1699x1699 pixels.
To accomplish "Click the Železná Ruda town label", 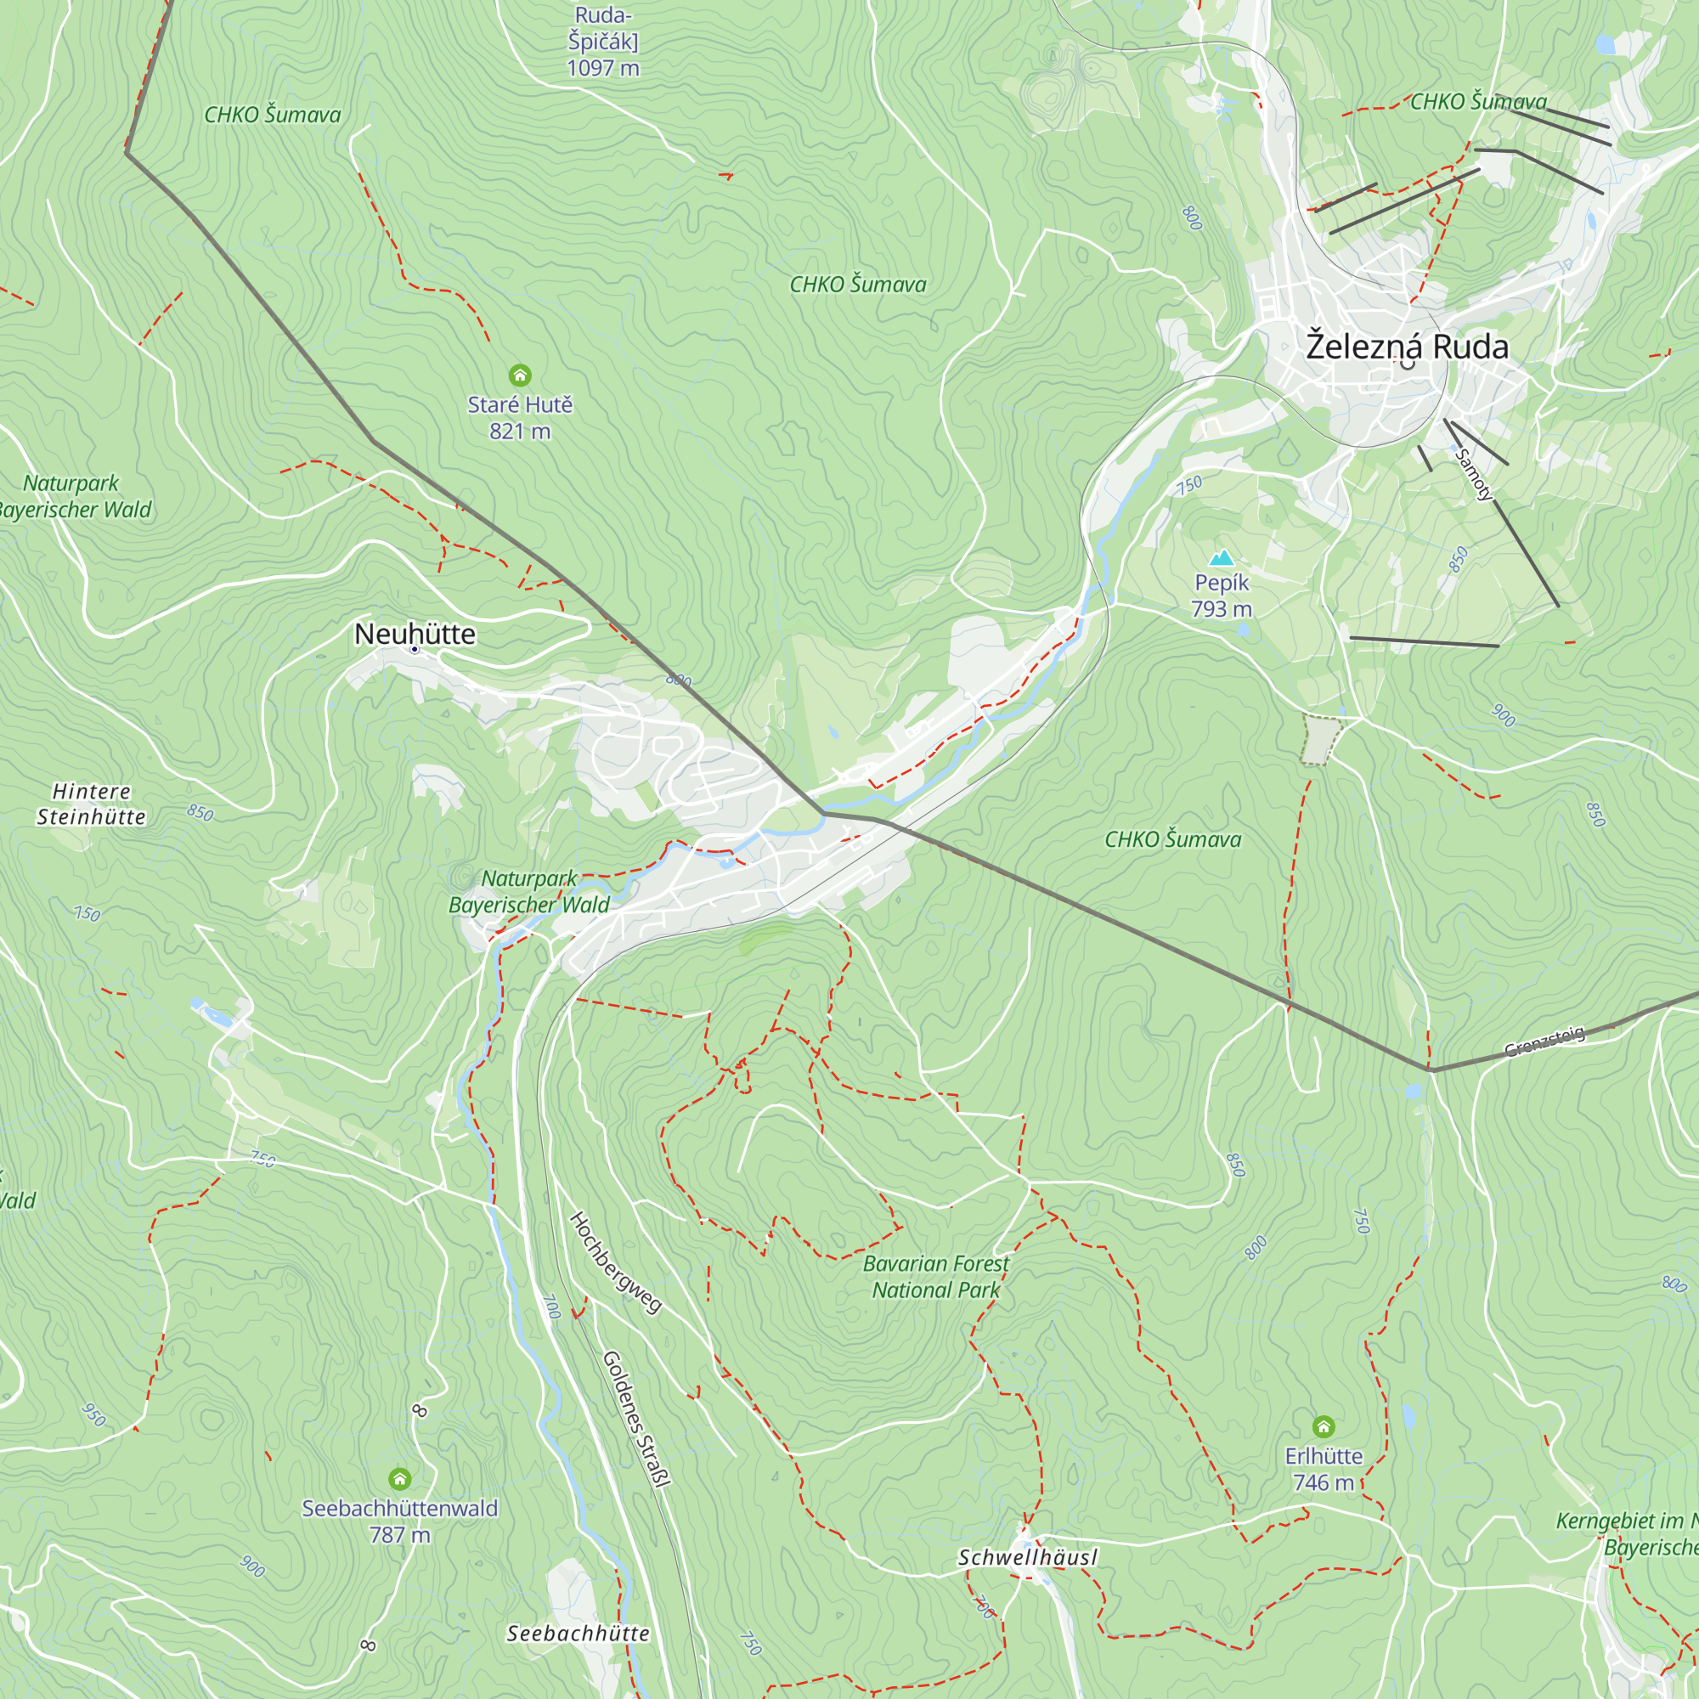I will pyautogui.click(x=1407, y=347).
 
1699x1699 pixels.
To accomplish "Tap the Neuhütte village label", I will pyautogui.click(x=415, y=634).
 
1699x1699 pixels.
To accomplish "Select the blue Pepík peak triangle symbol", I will pyautogui.click(x=1222, y=557).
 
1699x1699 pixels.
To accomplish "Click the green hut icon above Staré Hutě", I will pyautogui.click(x=520, y=375).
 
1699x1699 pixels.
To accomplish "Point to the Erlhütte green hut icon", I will pyautogui.click(x=1324, y=1426).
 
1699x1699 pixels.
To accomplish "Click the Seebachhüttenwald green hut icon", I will pyautogui.click(x=400, y=1478).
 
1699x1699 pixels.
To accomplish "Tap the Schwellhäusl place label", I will pyautogui.click(x=1027, y=1557).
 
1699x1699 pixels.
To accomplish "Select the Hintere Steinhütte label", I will pyautogui.click(x=92, y=804).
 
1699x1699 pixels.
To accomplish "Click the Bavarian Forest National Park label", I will pyautogui.click(x=935, y=1277).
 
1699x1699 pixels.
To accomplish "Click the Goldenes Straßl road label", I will pyautogui.click(x=636, y=1419).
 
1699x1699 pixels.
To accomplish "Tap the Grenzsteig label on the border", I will pyautogui.click(x=1544, y=1041).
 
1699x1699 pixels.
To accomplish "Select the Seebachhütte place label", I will pyautogui.click(x=578, y=1634).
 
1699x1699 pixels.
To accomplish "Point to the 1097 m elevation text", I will pyautogui.click(x=603, y=68).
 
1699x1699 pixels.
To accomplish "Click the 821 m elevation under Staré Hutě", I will pyautogui.click(x=520, y=431).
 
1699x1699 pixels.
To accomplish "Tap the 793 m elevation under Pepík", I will pyautogui.click(x=1222, y=608).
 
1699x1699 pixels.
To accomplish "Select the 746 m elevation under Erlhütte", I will pyautogui.click(x=1324, y=1482).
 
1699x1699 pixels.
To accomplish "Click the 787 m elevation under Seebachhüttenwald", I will pyautogui.click(x=400, y=1534).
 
